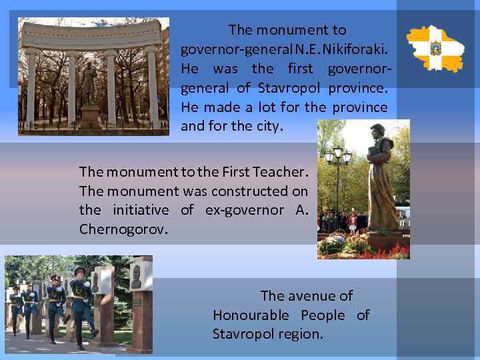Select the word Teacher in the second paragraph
(x=277, y=172)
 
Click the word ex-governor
(x=246, y=210)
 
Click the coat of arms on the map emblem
(x=435, y=48)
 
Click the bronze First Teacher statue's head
(x=377, y=131)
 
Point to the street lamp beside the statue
(x=338, y=161)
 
